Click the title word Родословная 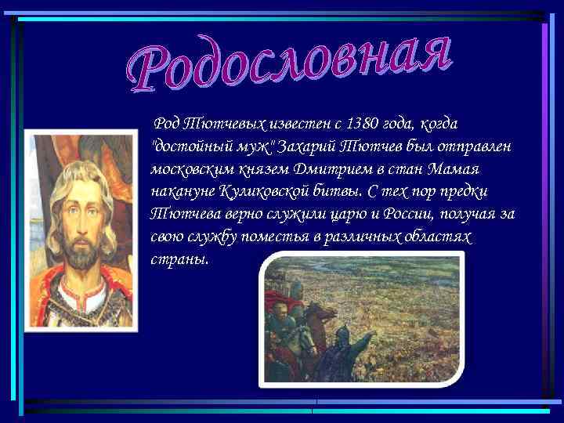290,63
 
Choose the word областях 439,237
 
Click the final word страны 179,259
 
